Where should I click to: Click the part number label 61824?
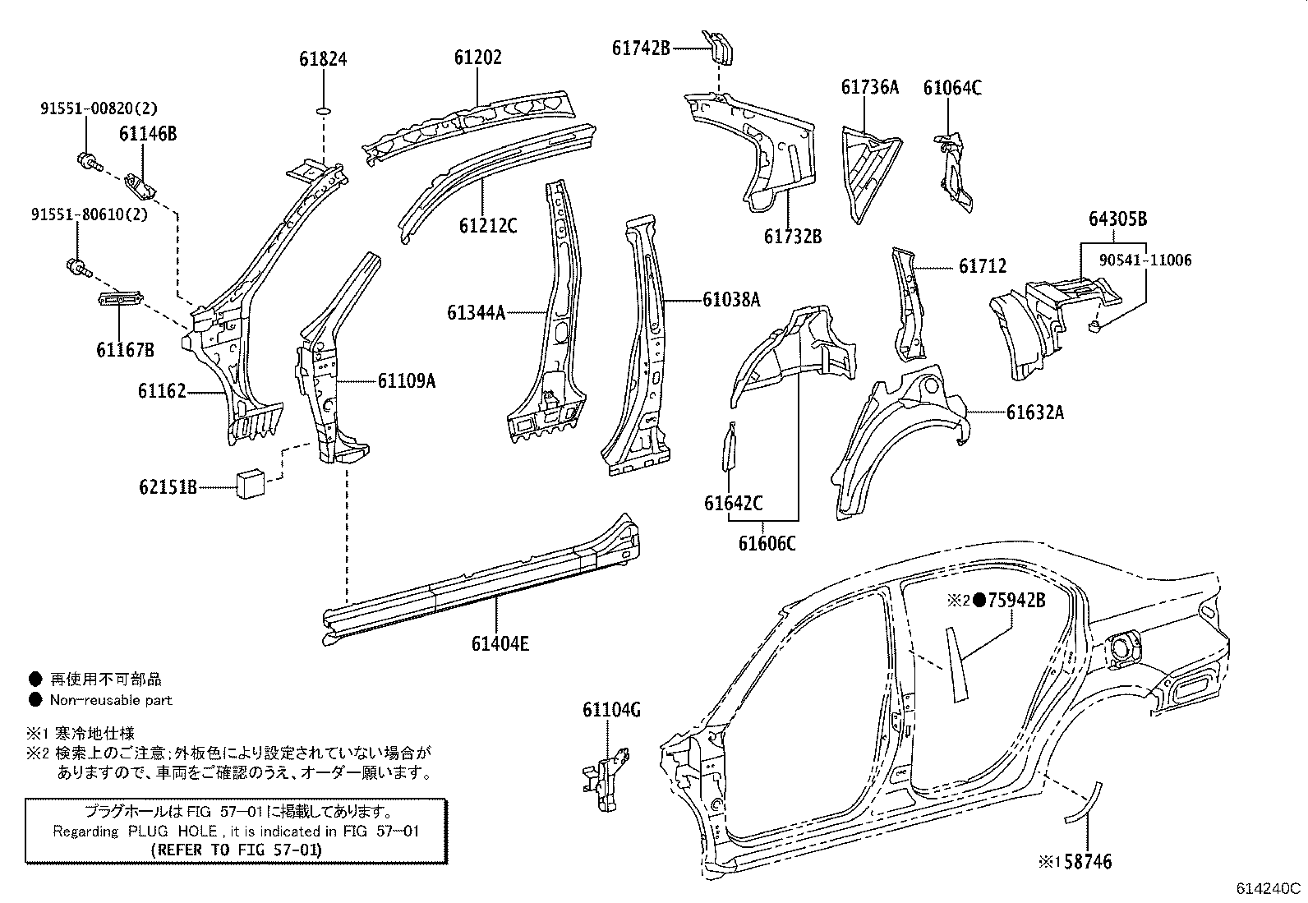point(323,59)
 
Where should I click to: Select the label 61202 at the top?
point(477,58)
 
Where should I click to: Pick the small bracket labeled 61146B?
point(142,187)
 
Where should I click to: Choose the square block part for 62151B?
point(250,484)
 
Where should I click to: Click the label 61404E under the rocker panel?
point(500,643)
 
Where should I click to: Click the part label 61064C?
point(952,88)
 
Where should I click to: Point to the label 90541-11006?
point(1145,260)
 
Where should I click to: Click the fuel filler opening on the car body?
point(1121,647)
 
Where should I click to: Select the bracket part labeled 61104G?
point(606,776)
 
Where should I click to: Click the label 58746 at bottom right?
point(1083,861)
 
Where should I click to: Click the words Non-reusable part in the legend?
point(111,701)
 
